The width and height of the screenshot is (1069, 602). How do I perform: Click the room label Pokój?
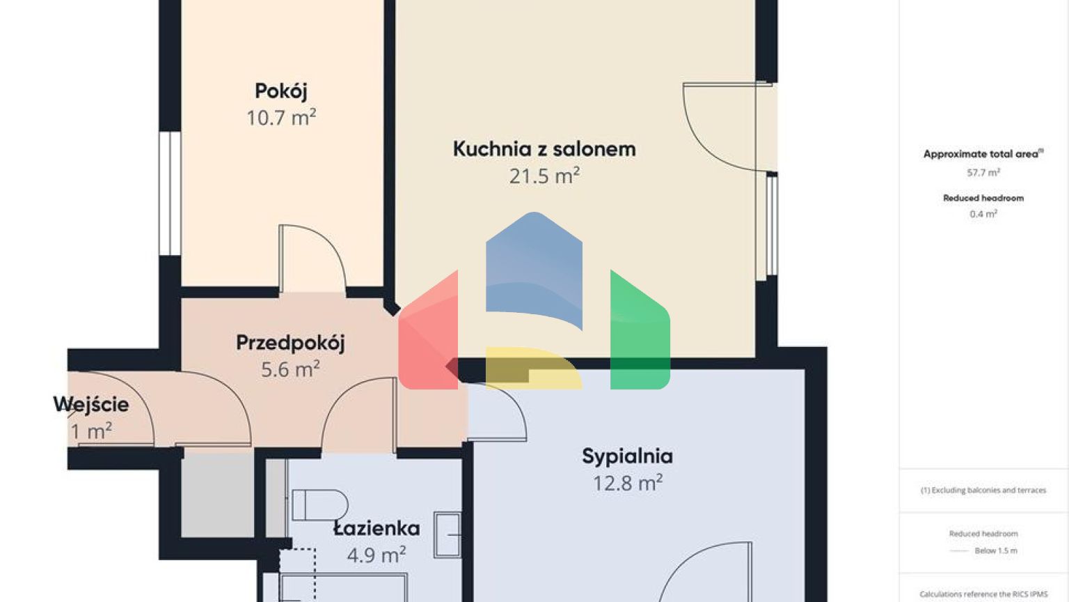coord(281,91)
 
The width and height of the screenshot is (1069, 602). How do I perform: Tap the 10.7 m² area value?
coord(281,117)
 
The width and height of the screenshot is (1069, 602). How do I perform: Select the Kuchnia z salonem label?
coord(544,149)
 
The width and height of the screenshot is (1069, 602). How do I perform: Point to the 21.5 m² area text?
coord(544,176)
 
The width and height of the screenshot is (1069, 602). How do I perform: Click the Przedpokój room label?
coord(290,343)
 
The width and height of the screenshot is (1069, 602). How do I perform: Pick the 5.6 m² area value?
coord(290,369)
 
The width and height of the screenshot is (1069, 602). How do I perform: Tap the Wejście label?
coord(91,405)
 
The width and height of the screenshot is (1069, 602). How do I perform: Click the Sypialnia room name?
coord(627,456)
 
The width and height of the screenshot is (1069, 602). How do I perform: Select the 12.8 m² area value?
coord(627,483)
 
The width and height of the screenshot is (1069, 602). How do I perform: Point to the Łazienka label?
coord(377,529)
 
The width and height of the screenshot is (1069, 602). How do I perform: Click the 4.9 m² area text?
coord(377,555)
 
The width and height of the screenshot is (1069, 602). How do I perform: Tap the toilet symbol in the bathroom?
coord(319,505)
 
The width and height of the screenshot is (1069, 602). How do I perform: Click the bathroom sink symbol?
coord(448,534)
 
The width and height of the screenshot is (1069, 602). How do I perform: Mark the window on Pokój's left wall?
coord(170,194)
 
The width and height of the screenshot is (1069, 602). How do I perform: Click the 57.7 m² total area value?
coord(983,173)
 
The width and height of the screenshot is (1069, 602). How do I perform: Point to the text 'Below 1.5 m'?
coord(995,551)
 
